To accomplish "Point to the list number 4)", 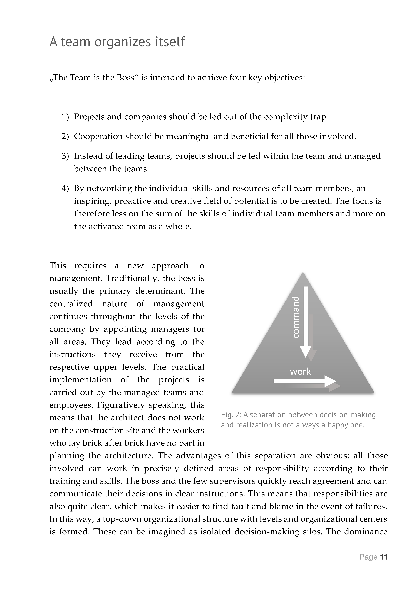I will coord(65,188).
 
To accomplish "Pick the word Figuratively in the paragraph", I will coord(121,405).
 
